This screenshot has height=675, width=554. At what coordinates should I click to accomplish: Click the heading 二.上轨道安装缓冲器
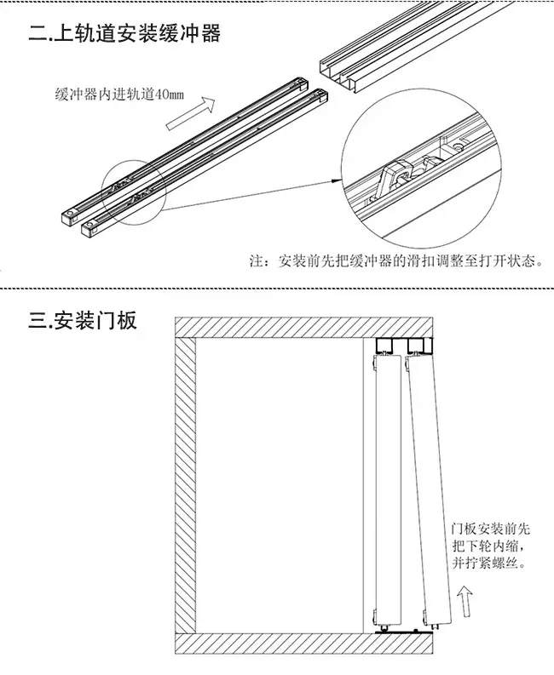tap(124, 33)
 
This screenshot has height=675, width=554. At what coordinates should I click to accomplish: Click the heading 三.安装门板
tap(83, 320)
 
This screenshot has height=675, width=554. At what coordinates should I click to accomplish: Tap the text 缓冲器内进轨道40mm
tap(119, 94)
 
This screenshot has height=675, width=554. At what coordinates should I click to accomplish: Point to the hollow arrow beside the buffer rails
tap(190, 113)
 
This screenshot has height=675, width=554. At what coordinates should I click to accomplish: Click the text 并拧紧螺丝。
tap(489, 562)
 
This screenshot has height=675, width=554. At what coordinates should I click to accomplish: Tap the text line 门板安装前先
tap(491, 529)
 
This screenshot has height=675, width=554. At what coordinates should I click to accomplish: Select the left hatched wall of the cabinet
tap(186, 485)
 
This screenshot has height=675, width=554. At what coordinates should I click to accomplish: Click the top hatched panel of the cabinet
tap(304, 327)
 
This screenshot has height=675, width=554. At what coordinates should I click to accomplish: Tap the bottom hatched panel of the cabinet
tap(304, 644)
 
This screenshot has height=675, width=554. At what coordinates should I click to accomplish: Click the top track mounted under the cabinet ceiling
tap(403, 345)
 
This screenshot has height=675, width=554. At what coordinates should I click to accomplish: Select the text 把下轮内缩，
tap(490, 546)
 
